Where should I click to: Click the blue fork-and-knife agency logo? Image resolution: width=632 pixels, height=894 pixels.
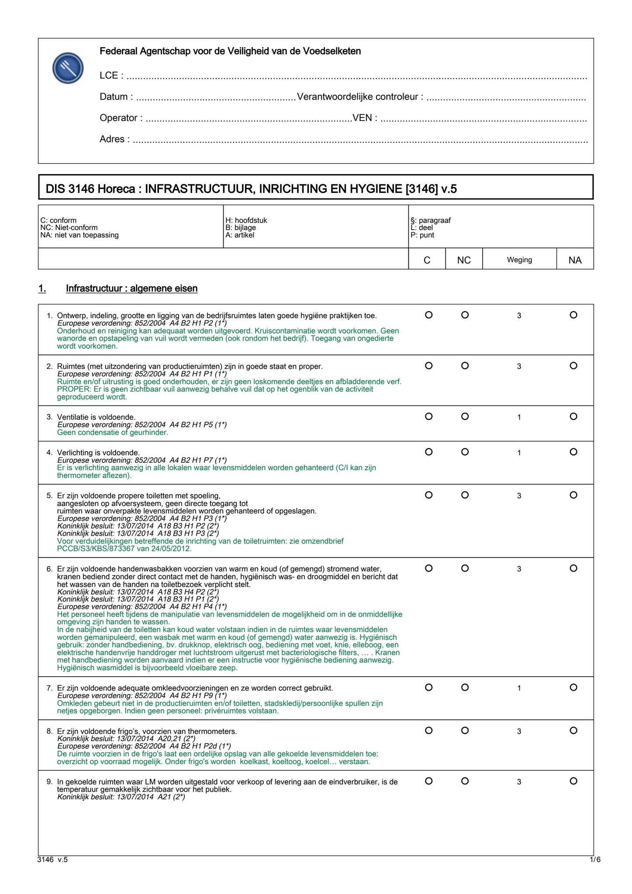point(68,69)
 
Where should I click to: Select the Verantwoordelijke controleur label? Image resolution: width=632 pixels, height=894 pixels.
point(359,97)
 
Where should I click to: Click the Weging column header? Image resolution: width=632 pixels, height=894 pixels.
point(519,260)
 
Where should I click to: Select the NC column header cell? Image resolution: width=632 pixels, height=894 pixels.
point(463,260)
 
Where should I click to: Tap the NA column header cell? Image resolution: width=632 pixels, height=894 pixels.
point(575,260)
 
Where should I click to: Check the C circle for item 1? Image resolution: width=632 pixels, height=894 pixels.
point(428,315)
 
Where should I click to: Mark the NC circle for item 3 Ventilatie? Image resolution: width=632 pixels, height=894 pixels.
point(465,416)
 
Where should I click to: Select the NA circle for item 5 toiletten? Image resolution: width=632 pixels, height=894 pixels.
point(573,495)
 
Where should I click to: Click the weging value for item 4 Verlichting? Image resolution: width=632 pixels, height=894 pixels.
point(519,453)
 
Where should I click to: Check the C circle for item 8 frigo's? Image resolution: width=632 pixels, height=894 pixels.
point(428,731)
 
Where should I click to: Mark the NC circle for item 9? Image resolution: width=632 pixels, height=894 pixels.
point(465,781)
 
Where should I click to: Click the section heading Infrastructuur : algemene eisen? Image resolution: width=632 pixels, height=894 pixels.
point(131,289)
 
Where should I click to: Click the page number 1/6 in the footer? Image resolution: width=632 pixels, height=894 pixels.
point(595,860)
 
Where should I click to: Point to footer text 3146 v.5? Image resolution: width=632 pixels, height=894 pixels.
point(53,860)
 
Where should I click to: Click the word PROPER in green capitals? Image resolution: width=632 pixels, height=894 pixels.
point(71,389)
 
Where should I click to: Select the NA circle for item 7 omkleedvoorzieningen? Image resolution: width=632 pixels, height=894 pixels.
point(573,688)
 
